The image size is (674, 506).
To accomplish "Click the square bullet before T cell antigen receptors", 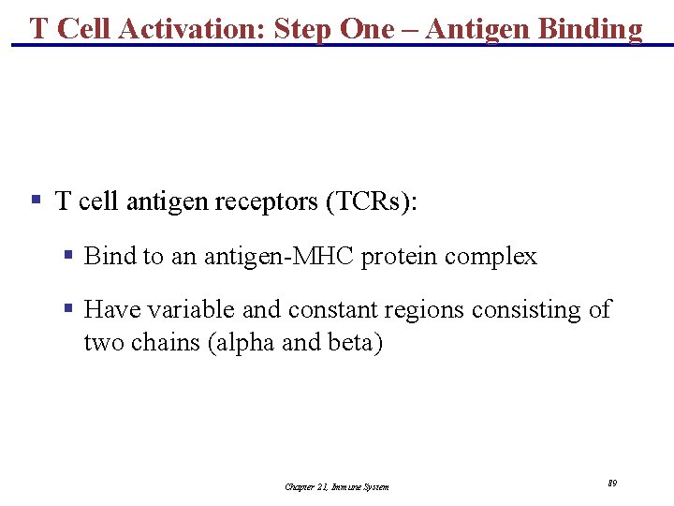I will tap(36, 200).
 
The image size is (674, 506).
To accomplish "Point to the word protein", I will tap(401, 257).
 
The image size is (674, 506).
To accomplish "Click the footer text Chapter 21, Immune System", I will tap(336, 486).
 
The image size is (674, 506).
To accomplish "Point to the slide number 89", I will tap(611, 484).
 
